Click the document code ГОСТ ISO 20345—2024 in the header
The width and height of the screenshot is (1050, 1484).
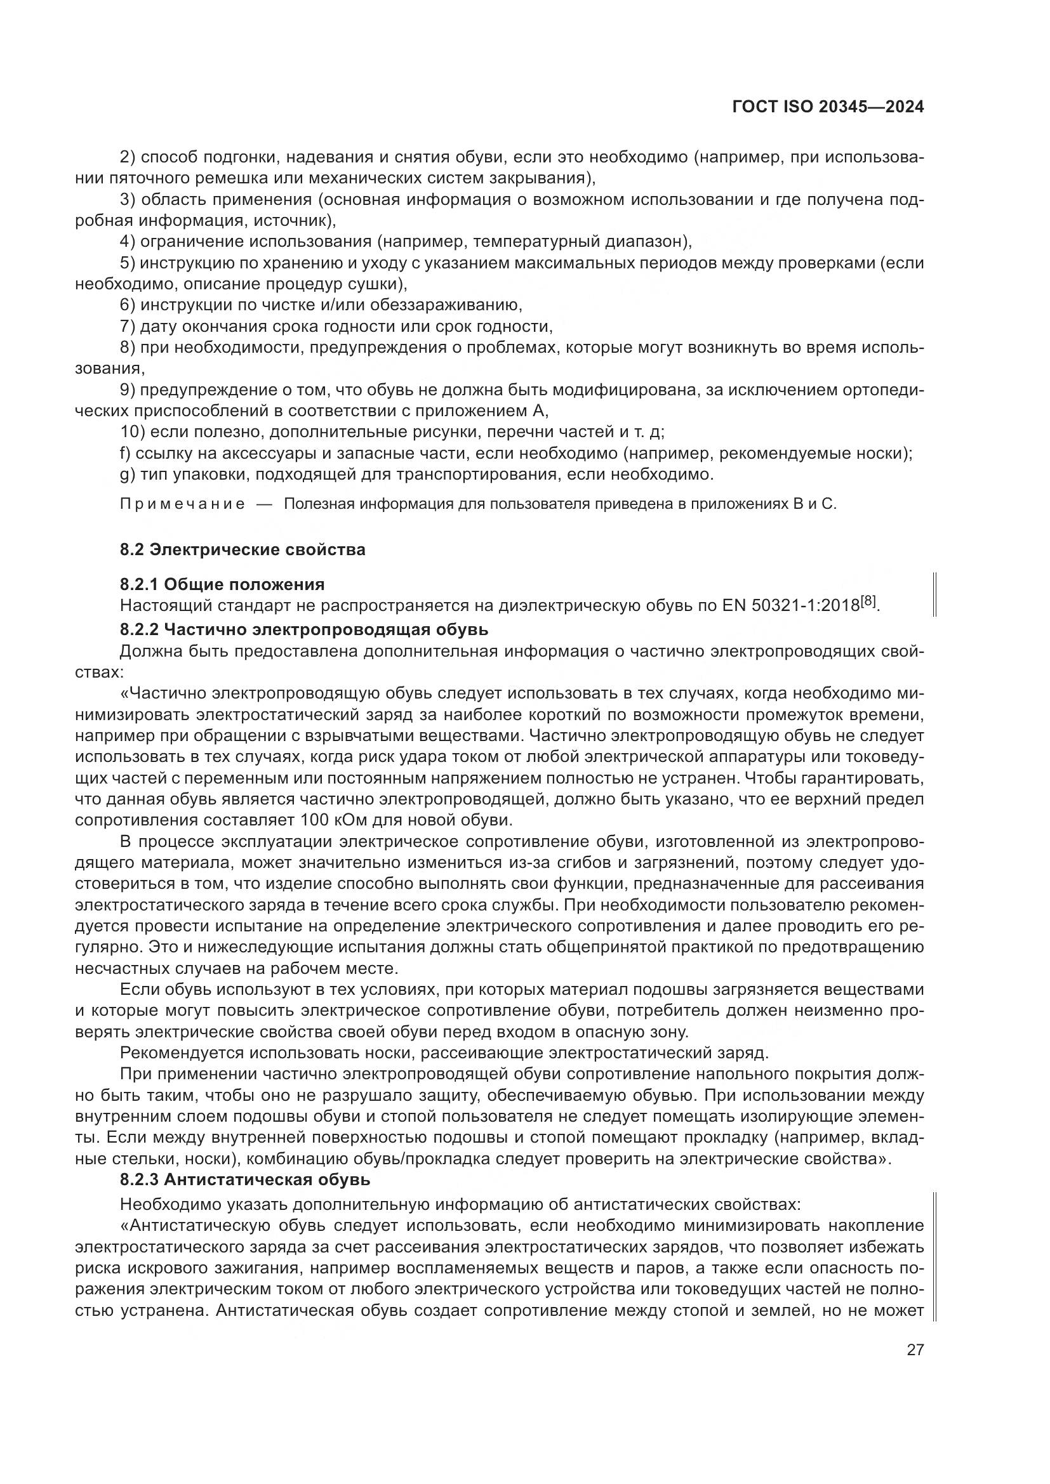(x=828, y=107)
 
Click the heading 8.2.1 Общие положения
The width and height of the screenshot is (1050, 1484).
(x=222, y=584)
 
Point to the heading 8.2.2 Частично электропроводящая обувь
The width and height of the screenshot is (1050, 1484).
(x=304, y=629)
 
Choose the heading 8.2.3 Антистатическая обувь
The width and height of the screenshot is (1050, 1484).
(x=245, y=1179)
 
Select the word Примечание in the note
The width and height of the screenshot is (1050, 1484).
(x=182, y=504)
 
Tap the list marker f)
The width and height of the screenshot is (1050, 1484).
(x=126, y=453)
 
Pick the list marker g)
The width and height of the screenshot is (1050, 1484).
(x=126, y=475)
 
